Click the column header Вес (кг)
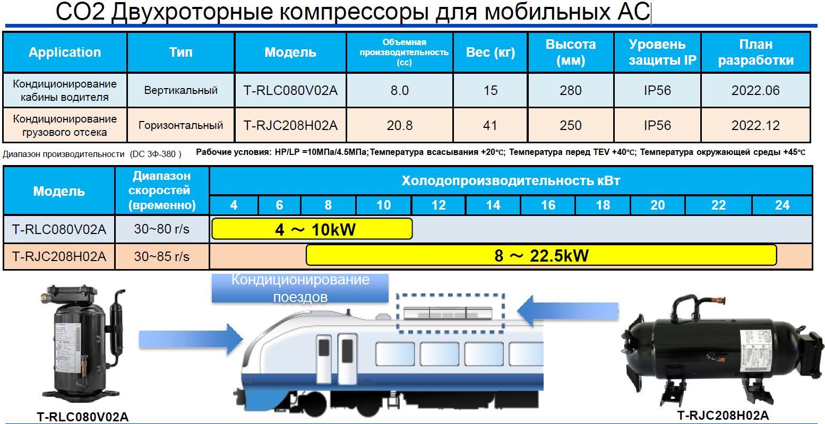pyautogui.click(x=490, y=52)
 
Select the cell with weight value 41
pyautogui.click(x=490, y=126)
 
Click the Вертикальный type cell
pyautogui.click(x=181, y=91)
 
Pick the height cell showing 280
pyautogui.click(x=570, y=91)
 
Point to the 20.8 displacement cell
pyautogui.click(x=399, y=126)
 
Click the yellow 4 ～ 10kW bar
pyautogui.click(x=312, y=229)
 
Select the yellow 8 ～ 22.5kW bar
pyautogui.click(x=541, y=256)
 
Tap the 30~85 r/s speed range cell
pyautogui.click(x=161, y=257)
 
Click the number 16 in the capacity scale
pyautogui.click(x=548, y=205)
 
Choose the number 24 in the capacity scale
pyautogui.click(x=782, y=205)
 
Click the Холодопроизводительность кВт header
pyautogui.click(x=510, y=181)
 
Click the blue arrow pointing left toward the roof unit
pyautogui.click(x=568, y=311)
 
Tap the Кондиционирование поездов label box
pyautogui.click(x=300, y=288)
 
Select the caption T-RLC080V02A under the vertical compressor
pyautogui.click(x=82, y=417)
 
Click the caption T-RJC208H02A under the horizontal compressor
pyautogui.click(x=723, y=416)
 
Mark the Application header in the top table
pyautogui.click(x=65, y=52)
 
